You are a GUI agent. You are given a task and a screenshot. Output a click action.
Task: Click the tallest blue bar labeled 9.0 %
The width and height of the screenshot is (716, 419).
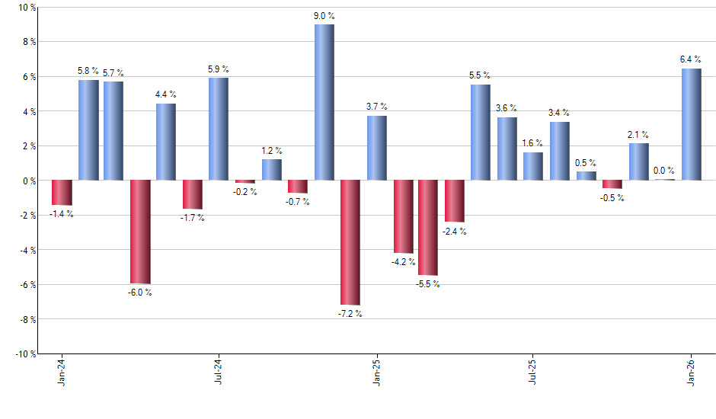point(324,103)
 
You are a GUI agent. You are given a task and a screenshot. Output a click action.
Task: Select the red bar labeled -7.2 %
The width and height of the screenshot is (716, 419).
point(350,242)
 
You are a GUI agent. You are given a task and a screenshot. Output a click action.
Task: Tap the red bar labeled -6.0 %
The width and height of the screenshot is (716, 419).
point(140,232)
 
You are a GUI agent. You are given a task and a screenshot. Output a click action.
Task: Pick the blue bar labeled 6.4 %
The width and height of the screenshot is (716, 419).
point(691,125)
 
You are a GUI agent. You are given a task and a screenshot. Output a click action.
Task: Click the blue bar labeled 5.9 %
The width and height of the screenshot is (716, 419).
point(219,130)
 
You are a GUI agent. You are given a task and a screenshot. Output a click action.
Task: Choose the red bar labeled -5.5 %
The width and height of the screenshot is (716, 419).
point(428,228)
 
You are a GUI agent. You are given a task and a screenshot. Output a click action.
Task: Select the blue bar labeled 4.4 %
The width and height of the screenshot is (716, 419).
point(166,142)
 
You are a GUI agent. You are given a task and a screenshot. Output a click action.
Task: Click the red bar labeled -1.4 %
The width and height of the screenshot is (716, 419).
point(62,193)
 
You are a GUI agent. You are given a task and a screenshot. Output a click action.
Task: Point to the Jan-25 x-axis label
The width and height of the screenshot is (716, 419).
point(377,372)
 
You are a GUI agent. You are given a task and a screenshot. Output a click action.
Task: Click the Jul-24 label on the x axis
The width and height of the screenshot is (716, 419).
point(219,372)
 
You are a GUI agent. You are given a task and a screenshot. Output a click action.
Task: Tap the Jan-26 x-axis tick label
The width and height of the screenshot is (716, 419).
point(692,372)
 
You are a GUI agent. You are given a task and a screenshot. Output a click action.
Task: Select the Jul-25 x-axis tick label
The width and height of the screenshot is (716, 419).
point(532,372)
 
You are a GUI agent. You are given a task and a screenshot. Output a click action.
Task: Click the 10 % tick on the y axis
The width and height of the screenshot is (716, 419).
point(27,8)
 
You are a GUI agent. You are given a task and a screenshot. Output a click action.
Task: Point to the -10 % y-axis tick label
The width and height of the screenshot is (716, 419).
point(25,354)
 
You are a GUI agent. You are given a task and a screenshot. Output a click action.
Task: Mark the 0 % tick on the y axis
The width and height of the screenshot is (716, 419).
point(29,181)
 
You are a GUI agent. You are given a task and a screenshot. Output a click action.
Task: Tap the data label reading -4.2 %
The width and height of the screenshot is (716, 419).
point(404,262)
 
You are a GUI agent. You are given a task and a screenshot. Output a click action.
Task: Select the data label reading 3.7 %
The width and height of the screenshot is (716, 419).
point(377,107)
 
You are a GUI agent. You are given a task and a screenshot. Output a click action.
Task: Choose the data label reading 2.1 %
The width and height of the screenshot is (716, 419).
point(638,135)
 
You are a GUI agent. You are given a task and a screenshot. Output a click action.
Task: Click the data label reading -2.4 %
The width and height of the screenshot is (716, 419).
point(455,232)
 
